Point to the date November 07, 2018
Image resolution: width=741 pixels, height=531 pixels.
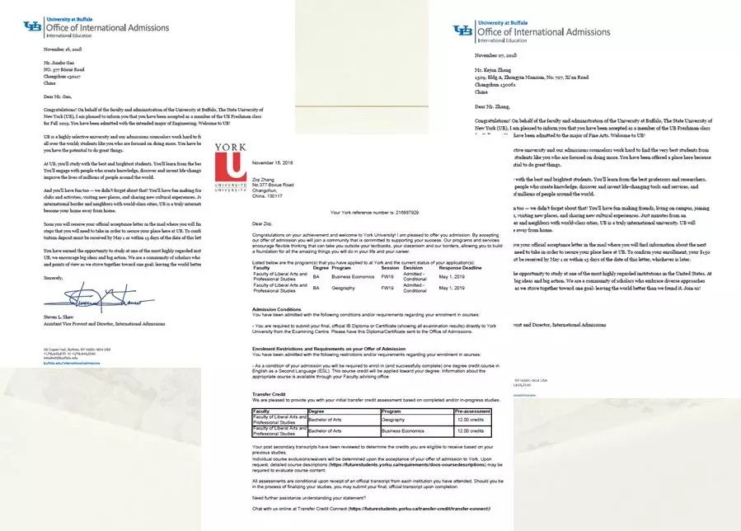click(495, 55)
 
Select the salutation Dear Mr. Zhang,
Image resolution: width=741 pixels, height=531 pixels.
click(493, 106)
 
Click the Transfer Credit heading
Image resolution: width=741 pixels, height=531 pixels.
click(270, 396)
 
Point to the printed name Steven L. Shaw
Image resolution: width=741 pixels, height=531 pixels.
click(65, 316)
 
